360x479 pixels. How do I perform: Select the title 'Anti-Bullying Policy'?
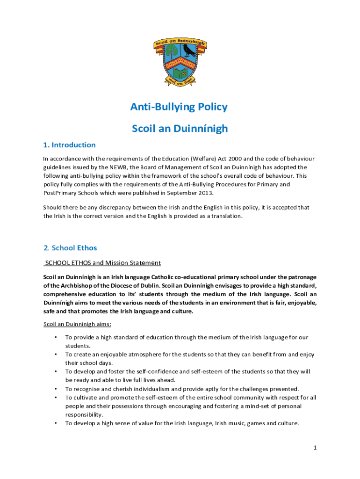[179, 107]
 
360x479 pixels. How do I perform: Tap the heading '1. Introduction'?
[69, 145]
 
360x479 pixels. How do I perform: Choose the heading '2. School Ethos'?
[70, 247]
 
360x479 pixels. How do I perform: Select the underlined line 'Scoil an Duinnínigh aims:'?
[77, 324]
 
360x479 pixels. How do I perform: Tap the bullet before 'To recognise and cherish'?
[56, 389]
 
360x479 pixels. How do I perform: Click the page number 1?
[315, 448]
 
